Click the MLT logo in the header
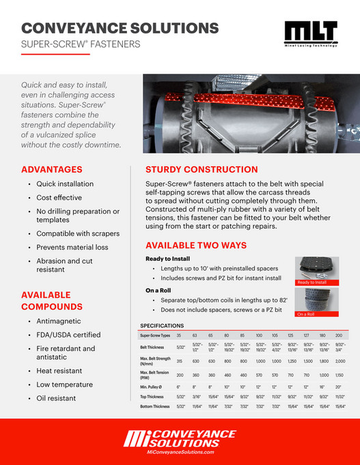310,34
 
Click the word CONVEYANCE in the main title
74,28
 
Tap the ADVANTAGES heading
52,169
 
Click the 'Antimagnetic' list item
59,321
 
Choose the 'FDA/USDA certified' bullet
68,335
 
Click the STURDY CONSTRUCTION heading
202,169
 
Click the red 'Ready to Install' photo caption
311,282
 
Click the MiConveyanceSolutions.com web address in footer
180,453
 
